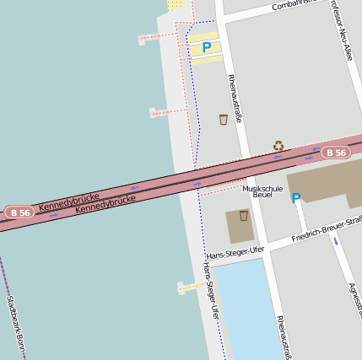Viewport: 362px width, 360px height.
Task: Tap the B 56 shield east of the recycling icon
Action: pos(335,153)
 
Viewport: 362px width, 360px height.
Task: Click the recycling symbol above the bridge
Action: pos(278,146)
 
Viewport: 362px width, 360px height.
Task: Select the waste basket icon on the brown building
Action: pos(243,216)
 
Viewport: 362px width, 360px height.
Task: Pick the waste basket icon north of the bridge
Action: pos(223,120)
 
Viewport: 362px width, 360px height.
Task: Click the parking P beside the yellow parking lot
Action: pos(206,48)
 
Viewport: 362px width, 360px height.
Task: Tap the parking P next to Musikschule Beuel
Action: pos(295,198)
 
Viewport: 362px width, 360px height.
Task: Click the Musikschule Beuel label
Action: pos(262,191)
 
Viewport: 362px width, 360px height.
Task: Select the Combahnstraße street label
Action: pos(298,5)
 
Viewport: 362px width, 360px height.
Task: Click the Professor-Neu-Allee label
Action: pos(342,30)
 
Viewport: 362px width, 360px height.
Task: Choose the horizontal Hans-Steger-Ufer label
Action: pos(235,252)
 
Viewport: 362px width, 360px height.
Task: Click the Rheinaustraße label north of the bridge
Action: pos(235,98)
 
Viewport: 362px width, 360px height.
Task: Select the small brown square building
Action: pos(240,226)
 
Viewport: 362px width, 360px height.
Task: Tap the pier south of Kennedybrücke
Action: pos(191,287)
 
